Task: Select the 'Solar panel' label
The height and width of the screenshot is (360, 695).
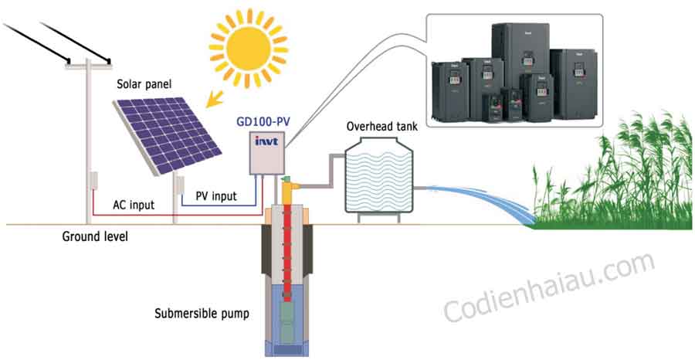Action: tap(138, 83)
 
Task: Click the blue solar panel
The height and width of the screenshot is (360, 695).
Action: tap(167, 134)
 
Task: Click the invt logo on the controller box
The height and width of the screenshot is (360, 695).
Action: tap(266, 141)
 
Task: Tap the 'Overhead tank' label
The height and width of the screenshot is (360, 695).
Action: tap(381, 126)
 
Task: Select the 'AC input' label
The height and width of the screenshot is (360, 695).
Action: tap(134, 205)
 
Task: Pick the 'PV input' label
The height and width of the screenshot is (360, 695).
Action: tap(216, 195)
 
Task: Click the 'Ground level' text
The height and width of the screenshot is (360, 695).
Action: tap(95, 236)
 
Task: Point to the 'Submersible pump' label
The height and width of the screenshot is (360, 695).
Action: tap(202, 314)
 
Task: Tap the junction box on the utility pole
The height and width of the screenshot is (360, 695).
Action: tap(93, 181)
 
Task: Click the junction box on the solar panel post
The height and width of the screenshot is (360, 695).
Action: tap(181, 185)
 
